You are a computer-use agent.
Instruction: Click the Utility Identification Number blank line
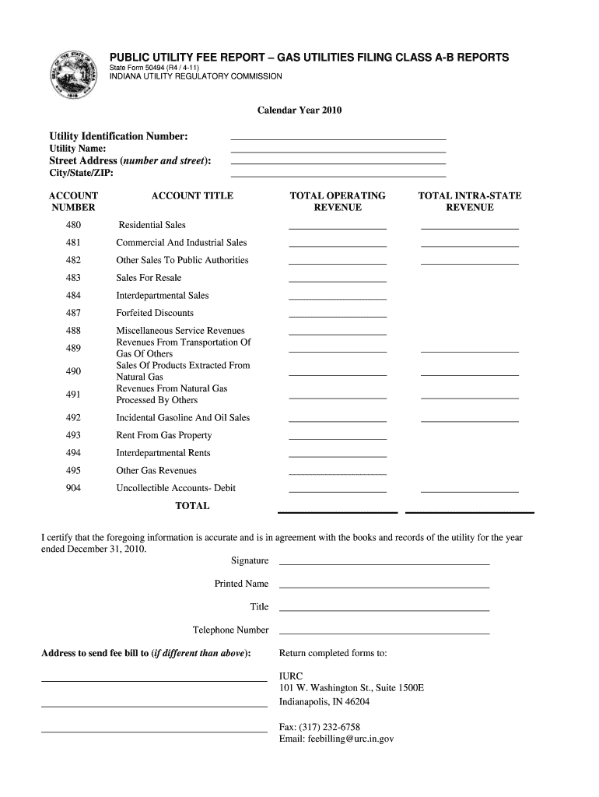338,137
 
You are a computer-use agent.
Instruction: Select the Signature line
384,562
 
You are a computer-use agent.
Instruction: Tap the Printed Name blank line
384,585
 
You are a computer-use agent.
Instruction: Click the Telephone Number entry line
384,632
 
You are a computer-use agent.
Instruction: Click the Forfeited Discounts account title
155,313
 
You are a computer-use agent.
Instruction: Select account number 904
73,488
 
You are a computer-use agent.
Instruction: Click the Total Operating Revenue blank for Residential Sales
338,227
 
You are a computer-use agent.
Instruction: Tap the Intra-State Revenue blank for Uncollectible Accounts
470,490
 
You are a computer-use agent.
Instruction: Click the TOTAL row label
192,506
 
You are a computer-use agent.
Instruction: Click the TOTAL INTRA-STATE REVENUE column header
470,202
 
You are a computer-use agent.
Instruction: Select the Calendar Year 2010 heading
299,111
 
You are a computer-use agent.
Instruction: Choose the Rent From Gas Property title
164,436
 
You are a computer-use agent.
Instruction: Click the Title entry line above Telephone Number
384,609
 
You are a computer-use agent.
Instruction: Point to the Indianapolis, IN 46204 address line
324,701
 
